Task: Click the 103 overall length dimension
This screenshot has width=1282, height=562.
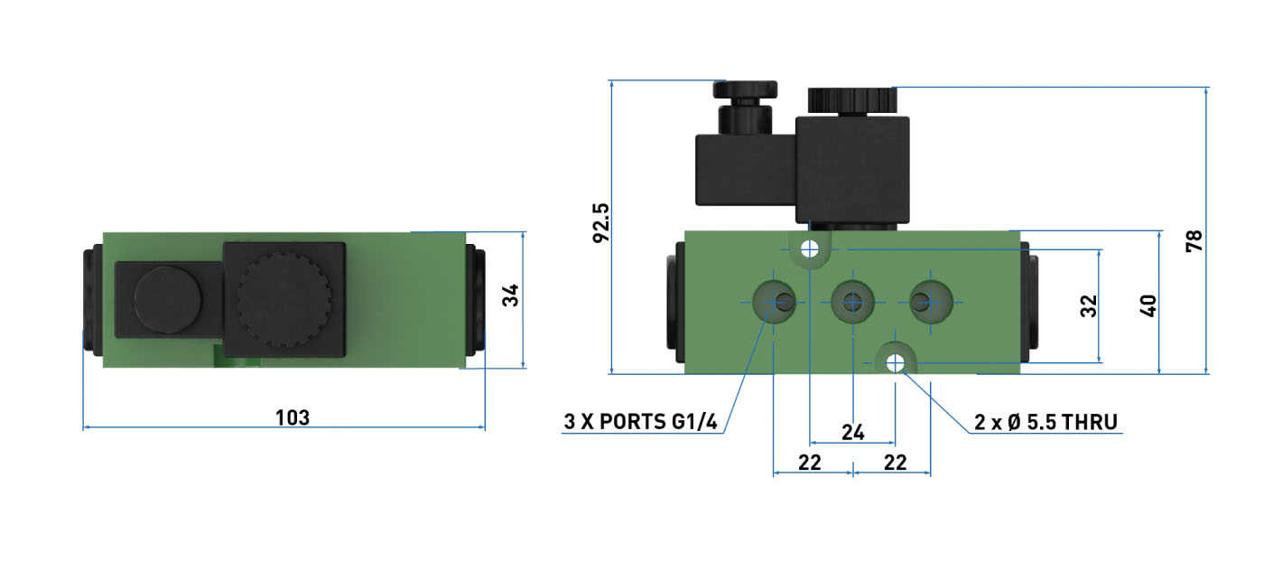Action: [293, 417]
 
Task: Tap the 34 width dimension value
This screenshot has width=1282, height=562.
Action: [510, 295]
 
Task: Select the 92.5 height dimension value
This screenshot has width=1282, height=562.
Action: [601, 223]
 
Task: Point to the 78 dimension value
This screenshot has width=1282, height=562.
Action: [1194, 241]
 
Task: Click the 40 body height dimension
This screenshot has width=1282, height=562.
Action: [1148, 306]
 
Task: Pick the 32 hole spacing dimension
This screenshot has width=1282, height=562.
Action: [1089, 306]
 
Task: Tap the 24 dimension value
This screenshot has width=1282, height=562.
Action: [853, 433]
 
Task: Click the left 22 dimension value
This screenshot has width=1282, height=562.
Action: [810, 463]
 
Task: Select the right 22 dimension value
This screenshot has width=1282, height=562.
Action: [896, 463]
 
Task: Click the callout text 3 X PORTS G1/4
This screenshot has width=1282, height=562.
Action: [640, 422]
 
